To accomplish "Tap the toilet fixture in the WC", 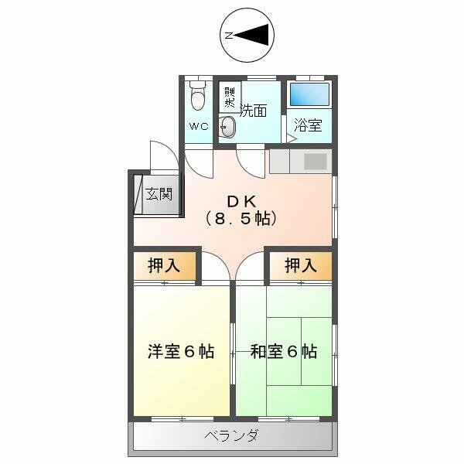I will [197, 97].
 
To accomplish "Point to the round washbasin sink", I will [228, 128].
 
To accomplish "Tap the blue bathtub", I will [309, 96].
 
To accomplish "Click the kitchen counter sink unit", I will [301, 161].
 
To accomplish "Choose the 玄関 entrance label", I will [159, 193].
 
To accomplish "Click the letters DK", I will [241, 198].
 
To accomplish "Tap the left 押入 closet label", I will [164, 266].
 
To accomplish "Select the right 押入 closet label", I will [300, 266].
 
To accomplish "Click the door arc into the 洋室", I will [217, 268].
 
